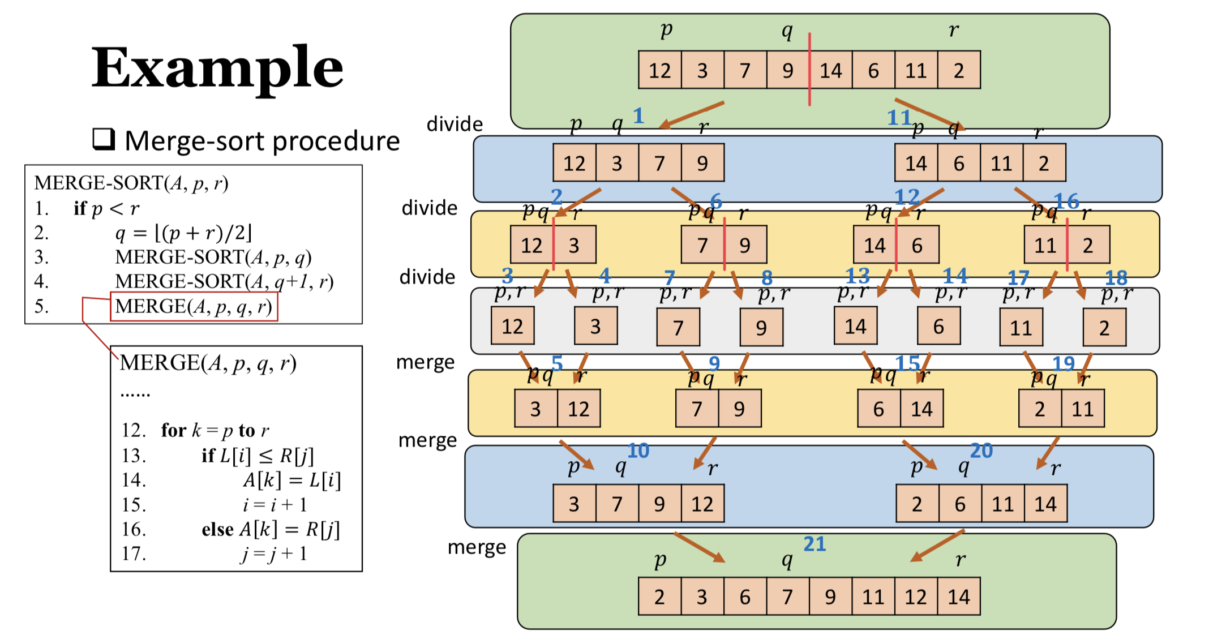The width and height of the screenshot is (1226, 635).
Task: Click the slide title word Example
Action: point(217,68)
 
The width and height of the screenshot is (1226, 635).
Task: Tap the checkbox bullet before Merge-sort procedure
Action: point(104,139)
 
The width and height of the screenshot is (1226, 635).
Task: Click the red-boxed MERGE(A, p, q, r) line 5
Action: point(194,306)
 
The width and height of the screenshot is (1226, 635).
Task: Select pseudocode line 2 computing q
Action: point(183,233)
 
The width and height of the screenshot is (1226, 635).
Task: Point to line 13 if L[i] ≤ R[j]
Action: point(258,455)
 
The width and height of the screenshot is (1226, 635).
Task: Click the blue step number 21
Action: point(815,544)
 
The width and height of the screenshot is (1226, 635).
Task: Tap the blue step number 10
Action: point(638,450)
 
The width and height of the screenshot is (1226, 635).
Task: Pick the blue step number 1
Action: point(638,115)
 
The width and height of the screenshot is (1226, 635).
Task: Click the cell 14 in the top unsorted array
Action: point(831,70)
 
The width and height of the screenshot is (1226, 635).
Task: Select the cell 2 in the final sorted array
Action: point(659,597)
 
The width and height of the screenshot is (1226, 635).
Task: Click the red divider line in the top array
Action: point(809,69)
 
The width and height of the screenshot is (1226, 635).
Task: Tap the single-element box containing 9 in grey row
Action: point(761,327)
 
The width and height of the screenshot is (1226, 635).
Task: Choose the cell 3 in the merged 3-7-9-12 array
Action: point(574,504)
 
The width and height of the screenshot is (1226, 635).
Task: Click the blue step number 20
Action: point(981,450)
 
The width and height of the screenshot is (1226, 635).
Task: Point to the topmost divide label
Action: point(455,123)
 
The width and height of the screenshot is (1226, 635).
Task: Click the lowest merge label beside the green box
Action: point(477,547)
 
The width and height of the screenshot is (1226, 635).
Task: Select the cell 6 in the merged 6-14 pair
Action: point(878,409)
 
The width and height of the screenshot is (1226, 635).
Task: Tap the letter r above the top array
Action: point(954,29)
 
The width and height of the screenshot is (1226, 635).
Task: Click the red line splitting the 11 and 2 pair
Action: point(1067,244)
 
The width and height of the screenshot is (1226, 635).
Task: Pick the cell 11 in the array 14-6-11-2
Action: point(1001,163)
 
